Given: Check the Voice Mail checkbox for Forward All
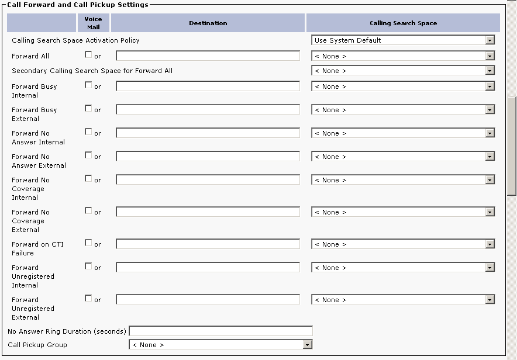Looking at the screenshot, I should [88, 56].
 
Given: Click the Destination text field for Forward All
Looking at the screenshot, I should [208, 56].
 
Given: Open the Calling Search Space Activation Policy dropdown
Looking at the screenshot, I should [403, 40].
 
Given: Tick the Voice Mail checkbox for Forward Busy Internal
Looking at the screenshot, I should [88, 85].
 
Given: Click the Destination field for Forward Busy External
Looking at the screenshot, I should [208, 110].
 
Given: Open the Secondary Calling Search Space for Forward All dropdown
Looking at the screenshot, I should [403, 71].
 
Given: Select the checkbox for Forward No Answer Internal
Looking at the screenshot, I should [88, 132].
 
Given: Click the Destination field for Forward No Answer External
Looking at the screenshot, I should [208, 157].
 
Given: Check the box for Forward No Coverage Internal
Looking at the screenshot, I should [88, 179].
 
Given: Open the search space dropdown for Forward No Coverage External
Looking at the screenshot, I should [403, 212].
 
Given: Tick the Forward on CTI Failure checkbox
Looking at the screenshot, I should [88, 243].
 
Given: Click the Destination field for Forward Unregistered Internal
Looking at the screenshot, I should [208, 268].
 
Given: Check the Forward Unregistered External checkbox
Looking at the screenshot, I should [88, 299].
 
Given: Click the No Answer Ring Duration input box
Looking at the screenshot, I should [220, 331].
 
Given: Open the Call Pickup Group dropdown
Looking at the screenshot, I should [220, 345].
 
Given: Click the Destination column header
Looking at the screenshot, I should [208, 23].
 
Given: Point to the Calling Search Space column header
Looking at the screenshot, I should [403, 23].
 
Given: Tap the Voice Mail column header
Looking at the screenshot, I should [93, 23].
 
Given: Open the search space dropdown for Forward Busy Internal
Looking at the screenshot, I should [403, 86].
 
